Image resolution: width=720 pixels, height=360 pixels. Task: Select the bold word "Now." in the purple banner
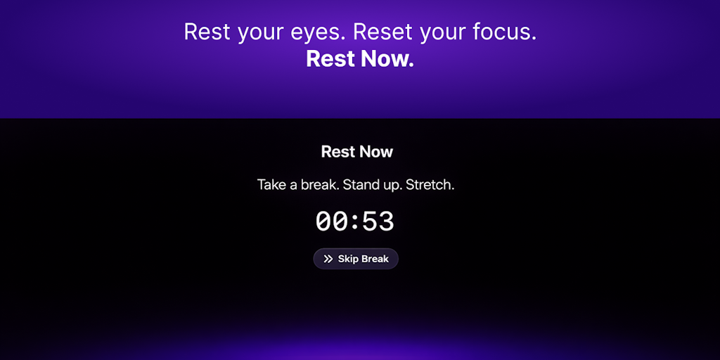[387, 59]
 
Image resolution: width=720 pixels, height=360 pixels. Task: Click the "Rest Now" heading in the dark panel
[357, 152]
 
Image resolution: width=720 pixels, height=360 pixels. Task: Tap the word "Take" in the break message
[272, 186]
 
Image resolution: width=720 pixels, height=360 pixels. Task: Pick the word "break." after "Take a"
[320, 186]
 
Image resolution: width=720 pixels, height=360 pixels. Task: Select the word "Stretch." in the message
[430, 186]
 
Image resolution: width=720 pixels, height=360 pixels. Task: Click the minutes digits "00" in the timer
[332, 222]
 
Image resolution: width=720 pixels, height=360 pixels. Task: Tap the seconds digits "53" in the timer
[378, 222]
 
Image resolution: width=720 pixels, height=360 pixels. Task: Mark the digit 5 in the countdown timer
[370, 222]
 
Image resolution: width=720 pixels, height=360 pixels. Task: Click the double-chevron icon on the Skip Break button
[328, 259]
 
